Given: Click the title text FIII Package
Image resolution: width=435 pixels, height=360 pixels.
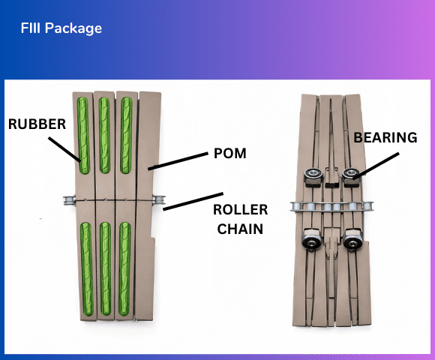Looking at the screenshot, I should pos(61,29).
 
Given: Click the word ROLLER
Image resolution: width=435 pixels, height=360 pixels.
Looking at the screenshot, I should pos(239,210).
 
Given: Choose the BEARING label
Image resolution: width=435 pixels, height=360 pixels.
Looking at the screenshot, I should pos(385,138).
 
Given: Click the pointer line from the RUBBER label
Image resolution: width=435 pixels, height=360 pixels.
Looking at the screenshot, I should pos(65,148).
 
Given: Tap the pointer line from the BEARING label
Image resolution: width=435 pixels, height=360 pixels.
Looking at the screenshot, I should pos(375,163).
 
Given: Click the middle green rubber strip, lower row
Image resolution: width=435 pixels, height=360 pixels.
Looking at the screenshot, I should pos(104,268).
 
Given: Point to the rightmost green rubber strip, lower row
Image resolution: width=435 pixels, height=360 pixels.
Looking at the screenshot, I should pos(125,268).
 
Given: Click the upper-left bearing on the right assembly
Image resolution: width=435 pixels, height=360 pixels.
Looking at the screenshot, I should pos(311,175).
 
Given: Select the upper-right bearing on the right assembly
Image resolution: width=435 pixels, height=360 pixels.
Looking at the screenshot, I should pos(349,175).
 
